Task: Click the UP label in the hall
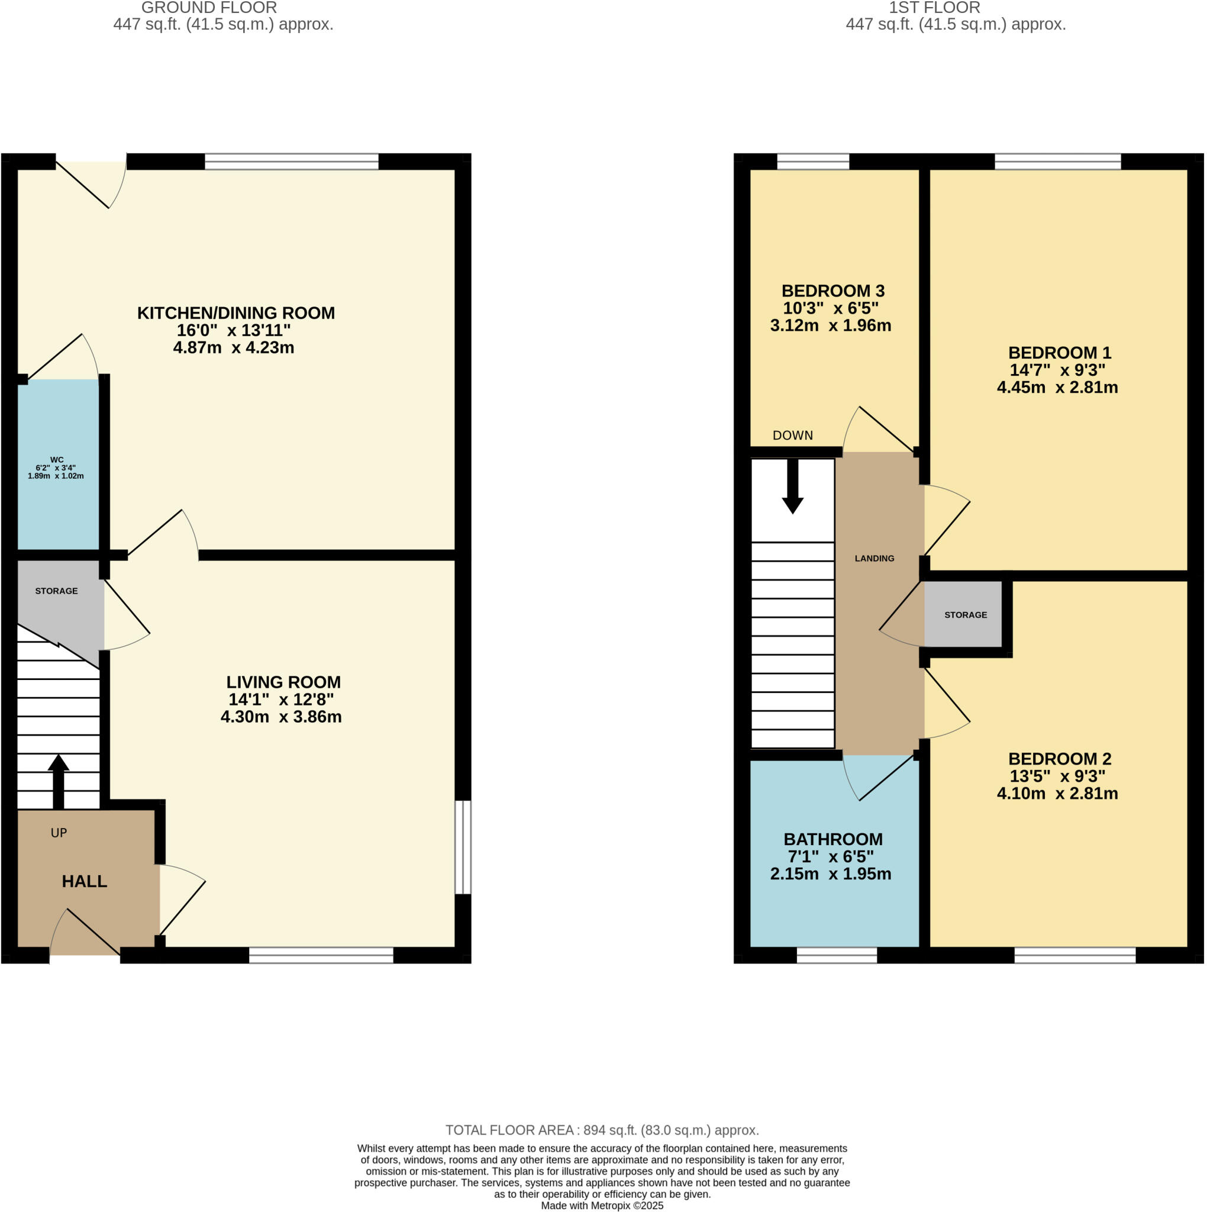pos(59,833)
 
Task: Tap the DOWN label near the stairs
pos(792,436)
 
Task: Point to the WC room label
pos(56,460)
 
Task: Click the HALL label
pos(84,881)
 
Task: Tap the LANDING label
pos(874,558)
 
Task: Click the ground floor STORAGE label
pos(56,591)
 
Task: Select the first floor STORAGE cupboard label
pos(965,615)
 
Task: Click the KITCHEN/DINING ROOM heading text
pos(236,313)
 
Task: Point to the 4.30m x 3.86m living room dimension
pos(281,717)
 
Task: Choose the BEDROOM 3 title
pos(832,291)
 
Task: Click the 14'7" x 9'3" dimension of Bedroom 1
pos(1057,370)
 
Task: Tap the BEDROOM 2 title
pos(1059,759)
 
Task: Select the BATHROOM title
pos(832,839)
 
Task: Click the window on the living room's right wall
pos(462,847)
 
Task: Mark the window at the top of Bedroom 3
pos(812,162)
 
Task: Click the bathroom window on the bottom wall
pos(836,955)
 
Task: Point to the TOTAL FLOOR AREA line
pos(602,1130)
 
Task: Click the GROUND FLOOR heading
pos(209,8)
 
